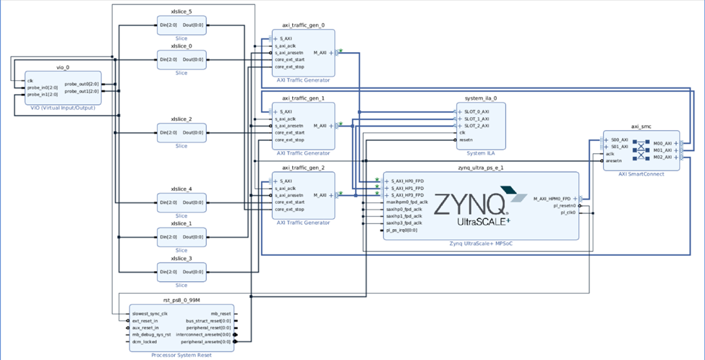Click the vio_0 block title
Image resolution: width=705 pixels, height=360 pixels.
62,67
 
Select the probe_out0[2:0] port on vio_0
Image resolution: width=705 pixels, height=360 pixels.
81,84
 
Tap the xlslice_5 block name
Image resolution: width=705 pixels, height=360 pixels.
181,12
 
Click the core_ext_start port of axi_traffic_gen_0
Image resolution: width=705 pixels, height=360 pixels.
289,60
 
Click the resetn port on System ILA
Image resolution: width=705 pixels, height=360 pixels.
466,140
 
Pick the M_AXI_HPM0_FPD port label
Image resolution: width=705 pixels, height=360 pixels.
555,198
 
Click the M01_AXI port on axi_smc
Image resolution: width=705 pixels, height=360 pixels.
662,150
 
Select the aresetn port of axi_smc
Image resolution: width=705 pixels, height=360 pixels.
613,160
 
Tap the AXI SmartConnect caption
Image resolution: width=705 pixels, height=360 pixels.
642,175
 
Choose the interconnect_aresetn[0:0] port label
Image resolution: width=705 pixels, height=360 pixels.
207,334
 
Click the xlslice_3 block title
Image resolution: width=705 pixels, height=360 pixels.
181,258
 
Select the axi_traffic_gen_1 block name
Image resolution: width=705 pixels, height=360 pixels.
303,98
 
